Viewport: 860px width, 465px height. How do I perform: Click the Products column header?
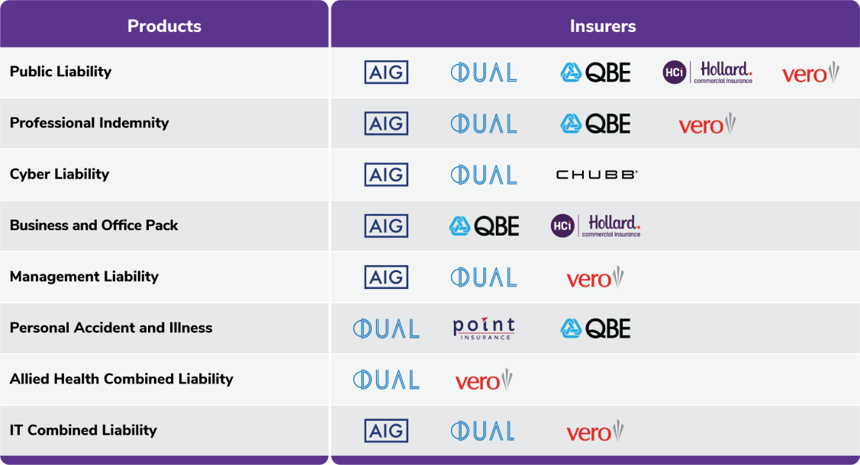coord(164,26)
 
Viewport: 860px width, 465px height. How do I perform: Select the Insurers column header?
coord(603,26)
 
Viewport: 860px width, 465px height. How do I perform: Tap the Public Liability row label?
coord(60,72)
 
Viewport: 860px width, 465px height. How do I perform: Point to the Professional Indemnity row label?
coord(89,123)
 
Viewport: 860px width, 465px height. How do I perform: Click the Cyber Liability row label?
coord(60,174)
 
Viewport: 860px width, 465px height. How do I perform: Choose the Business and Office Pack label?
coord(94,225)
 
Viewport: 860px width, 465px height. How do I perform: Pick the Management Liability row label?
coord(84,277)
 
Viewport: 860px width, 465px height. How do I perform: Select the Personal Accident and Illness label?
coord(111,328)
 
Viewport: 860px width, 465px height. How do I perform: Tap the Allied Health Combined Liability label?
coord(121,379)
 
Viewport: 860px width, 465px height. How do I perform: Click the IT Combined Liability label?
coord(83,431)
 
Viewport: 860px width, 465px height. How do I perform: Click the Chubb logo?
coord(597,175)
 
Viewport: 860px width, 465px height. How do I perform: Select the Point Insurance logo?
coord(484,329)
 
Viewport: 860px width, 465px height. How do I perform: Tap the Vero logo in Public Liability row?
coord(810,73)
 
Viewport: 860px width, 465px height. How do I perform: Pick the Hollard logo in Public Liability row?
coord(707,72)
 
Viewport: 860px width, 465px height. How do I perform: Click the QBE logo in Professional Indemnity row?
coord(595,123)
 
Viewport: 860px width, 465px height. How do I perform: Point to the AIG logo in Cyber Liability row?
coord(386,175)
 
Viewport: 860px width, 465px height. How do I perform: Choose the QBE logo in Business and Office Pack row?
coord(484,226)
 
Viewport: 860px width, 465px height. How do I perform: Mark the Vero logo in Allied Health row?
coord(484,380)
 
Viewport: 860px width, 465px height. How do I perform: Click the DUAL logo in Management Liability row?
coord(484,277)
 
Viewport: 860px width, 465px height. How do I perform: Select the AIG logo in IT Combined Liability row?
coord(386,431)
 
